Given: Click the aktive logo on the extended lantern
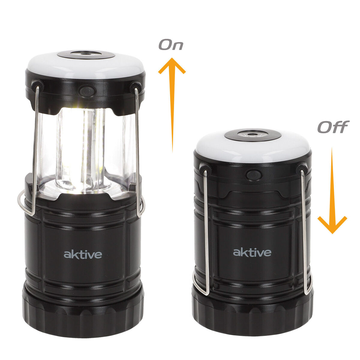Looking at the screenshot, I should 83,254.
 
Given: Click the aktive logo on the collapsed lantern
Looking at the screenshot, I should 252,252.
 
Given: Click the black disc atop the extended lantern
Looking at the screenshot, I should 86,55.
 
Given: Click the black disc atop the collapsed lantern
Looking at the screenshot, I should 253,135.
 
